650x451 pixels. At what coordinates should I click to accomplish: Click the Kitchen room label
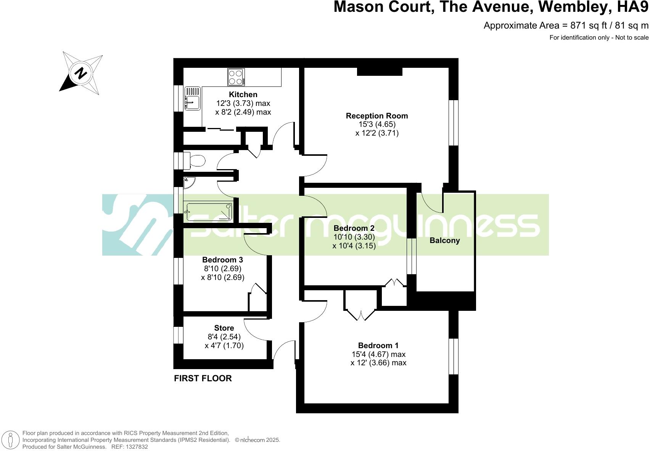(x=243, y=94)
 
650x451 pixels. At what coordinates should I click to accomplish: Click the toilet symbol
(x=195, y=161)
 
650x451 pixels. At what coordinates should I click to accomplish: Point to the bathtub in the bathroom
(x=209, y=212)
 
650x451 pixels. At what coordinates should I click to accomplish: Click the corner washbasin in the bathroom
(x=188, y=182)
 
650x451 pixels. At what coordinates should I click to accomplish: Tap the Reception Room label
(x=376, y=116)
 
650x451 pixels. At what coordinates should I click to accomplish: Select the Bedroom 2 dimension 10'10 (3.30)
(x=354, y=237)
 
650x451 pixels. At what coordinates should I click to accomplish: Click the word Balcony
(x=444, y=240)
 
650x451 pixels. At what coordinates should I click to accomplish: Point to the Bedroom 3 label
(x=222, y=260)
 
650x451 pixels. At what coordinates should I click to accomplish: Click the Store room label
(x=224, y=328)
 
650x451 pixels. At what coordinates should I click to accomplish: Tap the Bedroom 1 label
(x=378, y=345)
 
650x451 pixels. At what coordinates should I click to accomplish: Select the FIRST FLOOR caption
(x=203, y=378)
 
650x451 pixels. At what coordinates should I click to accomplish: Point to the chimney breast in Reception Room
(x=380, y=72)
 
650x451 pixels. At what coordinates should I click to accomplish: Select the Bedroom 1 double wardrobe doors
(x=361, y=312)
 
